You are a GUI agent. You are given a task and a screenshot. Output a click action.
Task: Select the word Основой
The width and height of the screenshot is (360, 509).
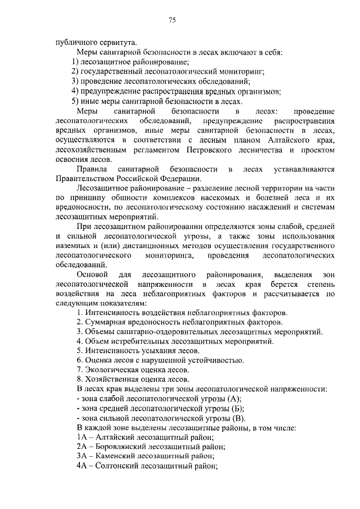coord(92,274)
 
